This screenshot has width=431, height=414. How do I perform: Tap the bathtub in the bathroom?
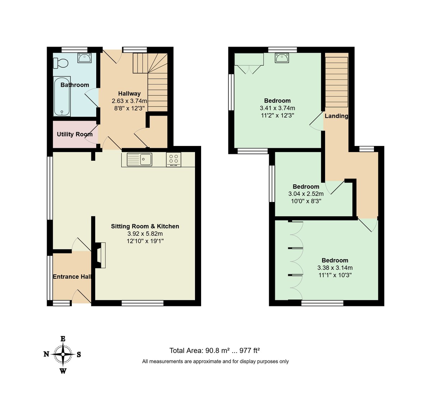click(62, 96)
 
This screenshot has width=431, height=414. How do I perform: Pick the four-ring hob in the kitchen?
click(173, 159)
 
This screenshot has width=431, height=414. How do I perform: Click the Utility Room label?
click(75, 134)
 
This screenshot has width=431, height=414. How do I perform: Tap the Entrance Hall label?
click(72, 277)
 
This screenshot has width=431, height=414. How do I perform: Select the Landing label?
click(336, 116)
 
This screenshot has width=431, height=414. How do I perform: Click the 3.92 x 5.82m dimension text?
click(145, 234)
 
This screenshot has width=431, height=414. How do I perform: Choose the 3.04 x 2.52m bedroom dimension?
click(306, 194)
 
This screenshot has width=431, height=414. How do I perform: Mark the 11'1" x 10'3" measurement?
click(335, 275)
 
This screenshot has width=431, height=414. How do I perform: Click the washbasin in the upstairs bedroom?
click(282, 58)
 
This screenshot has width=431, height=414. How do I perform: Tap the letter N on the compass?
click(46, 354)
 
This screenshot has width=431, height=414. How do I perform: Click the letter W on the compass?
click(63, 371)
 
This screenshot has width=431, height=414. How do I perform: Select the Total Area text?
click(214, 351)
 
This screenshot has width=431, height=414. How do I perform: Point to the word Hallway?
click(129, 94)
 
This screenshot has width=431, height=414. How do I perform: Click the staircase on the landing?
click(337, 82)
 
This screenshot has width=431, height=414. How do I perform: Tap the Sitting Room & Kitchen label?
click(145, 226)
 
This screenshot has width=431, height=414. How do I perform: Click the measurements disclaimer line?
click(215, 361)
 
